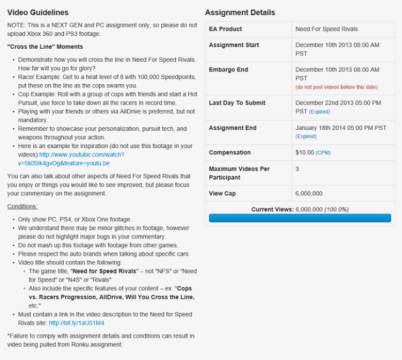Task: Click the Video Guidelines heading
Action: [38, 12]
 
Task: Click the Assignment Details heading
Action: [240, 12]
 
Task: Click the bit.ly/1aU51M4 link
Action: [76, 323]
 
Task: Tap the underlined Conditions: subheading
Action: [22, 206]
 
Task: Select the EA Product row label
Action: [225, 29]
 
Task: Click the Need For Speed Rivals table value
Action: [326, 29]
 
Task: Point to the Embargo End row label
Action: [228, 70]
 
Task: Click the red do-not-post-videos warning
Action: [336, 87]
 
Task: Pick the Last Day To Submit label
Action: [237, 103]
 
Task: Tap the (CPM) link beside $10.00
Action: [323, 153]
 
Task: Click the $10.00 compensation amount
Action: [304, 152]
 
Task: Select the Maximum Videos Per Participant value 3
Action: [297, 169]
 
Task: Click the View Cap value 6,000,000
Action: [309, 193]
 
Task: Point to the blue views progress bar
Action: [300, 218]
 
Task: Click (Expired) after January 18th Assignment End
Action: [306, 136]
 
